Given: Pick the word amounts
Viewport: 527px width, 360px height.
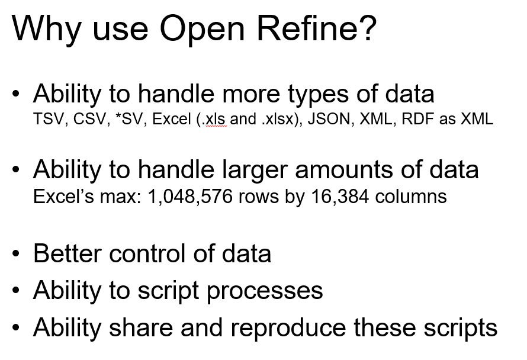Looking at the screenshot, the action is click(x=344, y=170).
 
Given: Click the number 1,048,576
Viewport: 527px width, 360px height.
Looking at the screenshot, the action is click(x=190, y=197).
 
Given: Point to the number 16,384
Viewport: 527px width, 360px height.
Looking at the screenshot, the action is click(x=340, y=197).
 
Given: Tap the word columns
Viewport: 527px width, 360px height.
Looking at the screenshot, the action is click(x=411, y=197).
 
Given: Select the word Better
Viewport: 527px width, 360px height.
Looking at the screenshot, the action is click(x=68, y=253).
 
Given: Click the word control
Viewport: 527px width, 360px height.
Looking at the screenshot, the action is click(x=147, y=253).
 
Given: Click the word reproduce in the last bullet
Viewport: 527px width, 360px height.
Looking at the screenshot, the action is click(x=288, y=329).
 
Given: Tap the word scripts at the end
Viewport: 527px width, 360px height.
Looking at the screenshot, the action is click(x=460, y=329).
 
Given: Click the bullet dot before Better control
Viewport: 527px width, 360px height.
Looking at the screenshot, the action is click(x=15, y=253).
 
